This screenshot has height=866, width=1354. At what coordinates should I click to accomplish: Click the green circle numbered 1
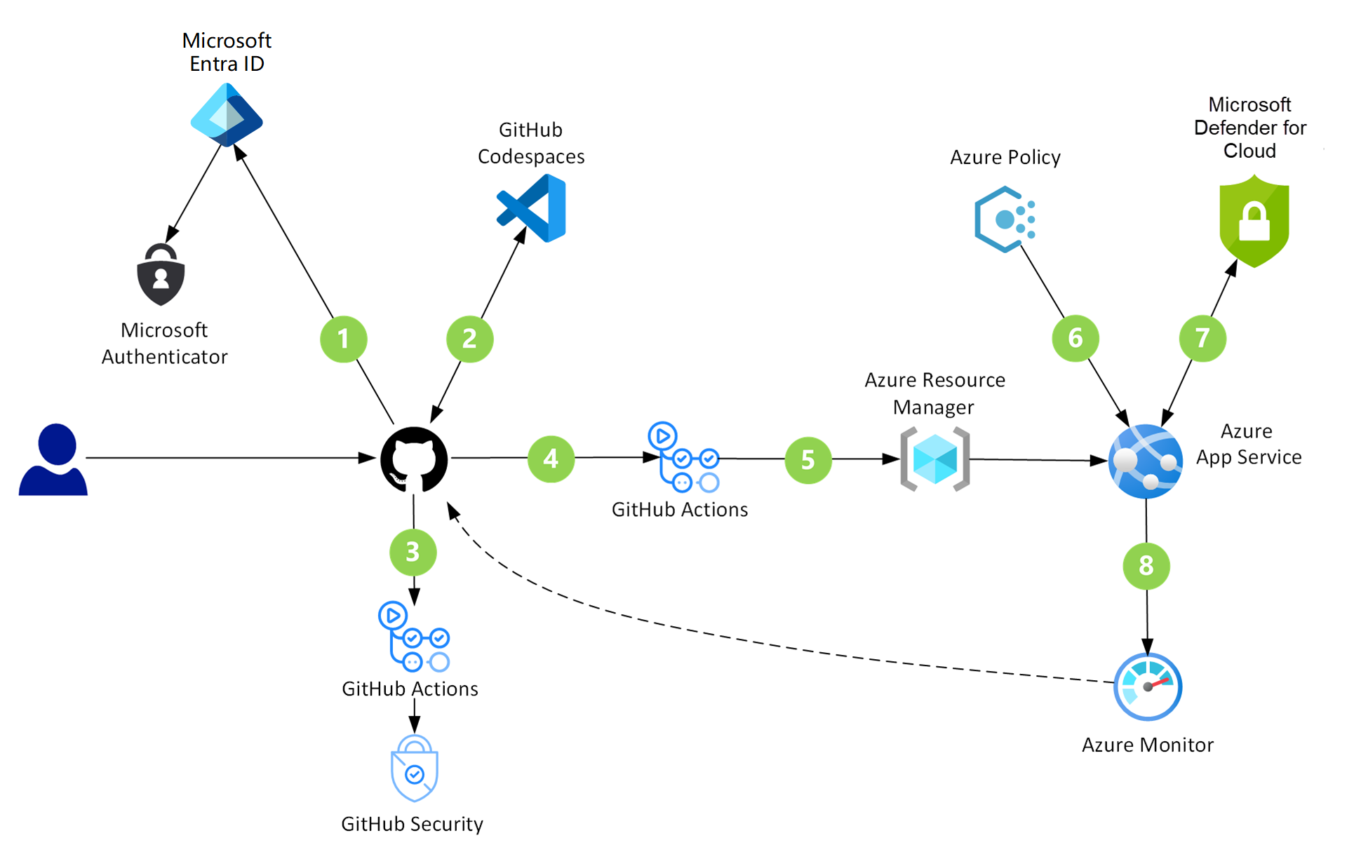click(x=343, y=339)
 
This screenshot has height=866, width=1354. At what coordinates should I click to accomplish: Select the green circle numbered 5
click(x=807, y=460)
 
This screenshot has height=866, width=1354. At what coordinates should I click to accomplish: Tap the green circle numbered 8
click(x=1146, y=565)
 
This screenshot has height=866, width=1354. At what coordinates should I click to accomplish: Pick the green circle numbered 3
click(x=413, y=552)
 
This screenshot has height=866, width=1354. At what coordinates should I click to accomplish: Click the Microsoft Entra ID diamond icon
click(x=227, y=115)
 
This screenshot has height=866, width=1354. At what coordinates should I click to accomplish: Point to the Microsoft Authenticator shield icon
click(x=161, y=275)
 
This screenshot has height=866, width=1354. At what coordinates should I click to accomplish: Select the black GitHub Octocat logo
click(x=414, y=460)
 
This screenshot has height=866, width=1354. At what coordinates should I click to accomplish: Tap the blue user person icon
click(x=53, y=460)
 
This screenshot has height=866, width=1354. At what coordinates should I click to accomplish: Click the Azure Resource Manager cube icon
click(x=934, y=459)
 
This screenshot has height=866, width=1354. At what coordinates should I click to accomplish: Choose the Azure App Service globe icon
click(x=1146, y=461)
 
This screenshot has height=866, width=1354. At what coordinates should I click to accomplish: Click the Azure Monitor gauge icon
click(x=1148, y=686)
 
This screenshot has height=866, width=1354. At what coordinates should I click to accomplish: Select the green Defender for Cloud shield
click(x=1254, y=221)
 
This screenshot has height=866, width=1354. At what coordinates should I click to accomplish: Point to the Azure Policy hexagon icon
click(x=1005, y=219)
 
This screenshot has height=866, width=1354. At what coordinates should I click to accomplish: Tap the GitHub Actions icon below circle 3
click(x=413, y=637)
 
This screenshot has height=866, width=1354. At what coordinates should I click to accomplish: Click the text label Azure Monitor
click(x=1147, y=745)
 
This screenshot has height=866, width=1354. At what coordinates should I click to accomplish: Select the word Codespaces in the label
click(x=531, y=156)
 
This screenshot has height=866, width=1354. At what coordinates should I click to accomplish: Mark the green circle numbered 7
click(x=1202, y=339)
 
